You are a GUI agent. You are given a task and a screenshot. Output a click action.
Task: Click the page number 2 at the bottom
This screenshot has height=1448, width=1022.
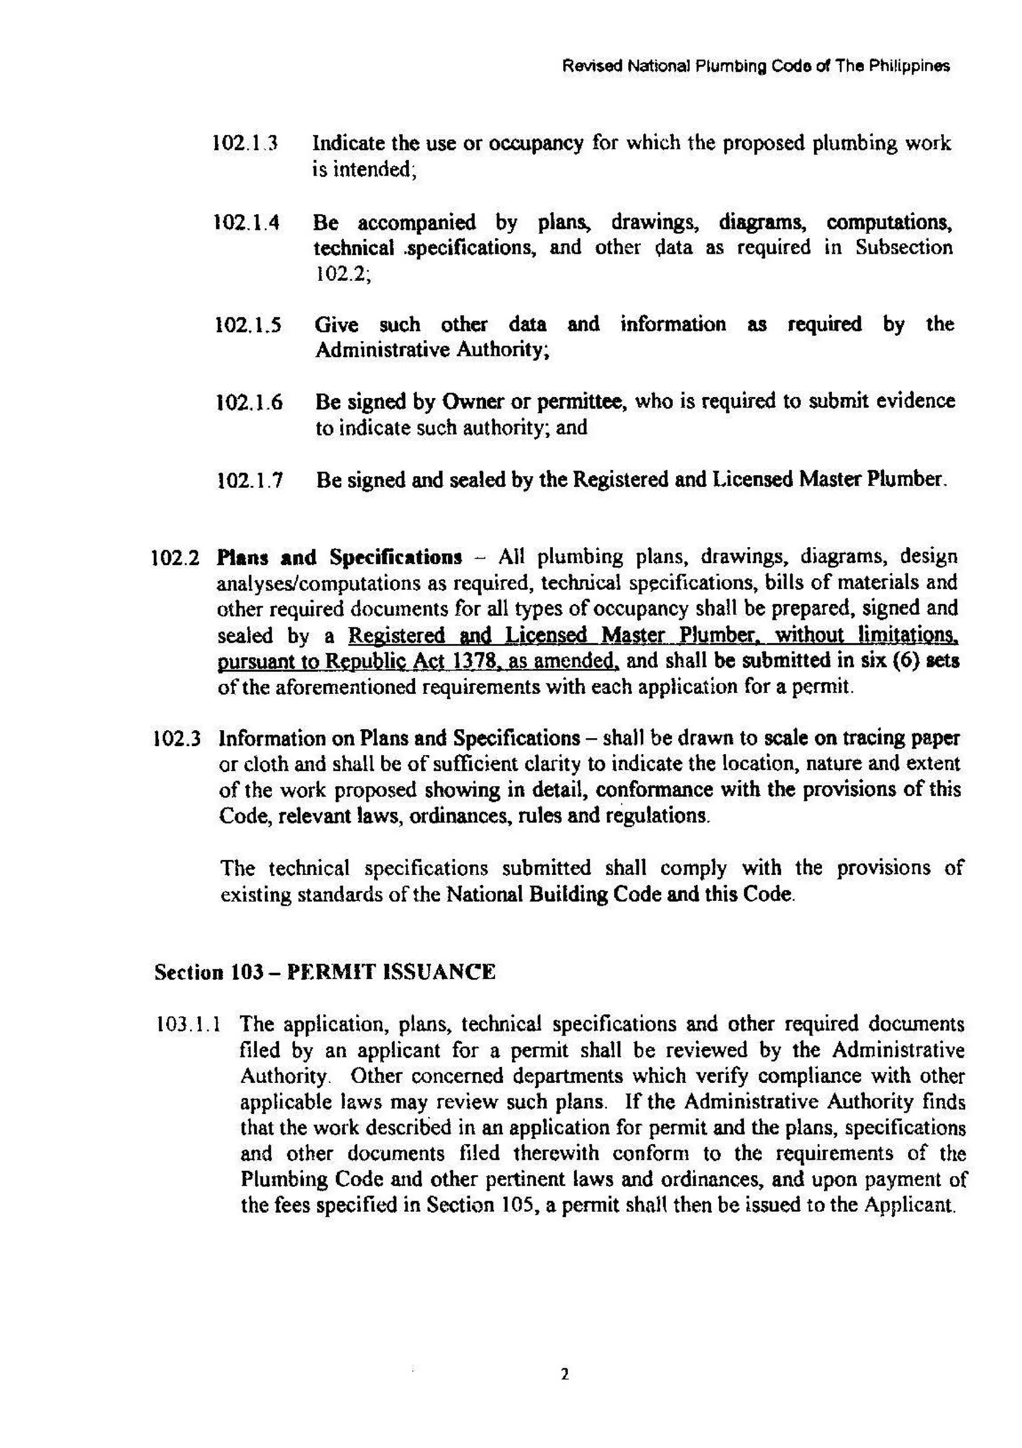point(564,1373)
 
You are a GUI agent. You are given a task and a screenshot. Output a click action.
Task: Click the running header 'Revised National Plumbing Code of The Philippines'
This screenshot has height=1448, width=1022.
point(756,65)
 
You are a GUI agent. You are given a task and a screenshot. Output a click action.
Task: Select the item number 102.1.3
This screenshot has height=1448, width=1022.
point(246,143)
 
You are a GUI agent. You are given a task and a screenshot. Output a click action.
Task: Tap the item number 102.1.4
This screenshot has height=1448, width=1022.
point(247,222)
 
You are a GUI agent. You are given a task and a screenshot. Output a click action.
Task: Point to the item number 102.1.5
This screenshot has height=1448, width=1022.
point(248,325)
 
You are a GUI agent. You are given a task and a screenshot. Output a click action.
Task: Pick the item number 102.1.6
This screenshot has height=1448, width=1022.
point(249,402)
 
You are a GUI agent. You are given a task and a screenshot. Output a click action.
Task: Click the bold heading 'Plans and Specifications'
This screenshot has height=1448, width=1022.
point(339,558)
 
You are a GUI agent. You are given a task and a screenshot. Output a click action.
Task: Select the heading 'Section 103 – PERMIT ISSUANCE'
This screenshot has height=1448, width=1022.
point(325,972)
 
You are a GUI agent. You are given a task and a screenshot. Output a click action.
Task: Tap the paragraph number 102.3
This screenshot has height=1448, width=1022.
point(177,738)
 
